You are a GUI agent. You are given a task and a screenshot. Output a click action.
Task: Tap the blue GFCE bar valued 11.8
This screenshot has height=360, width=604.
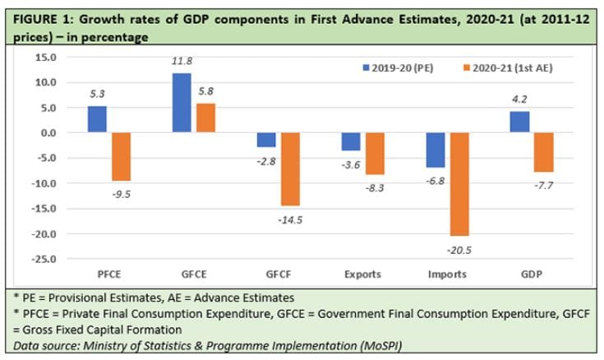[x=182, y=103]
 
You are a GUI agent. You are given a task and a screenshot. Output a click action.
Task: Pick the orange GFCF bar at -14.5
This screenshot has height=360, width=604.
[x=289, y=168]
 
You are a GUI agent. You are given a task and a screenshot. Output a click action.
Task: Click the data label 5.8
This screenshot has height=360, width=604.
[x=206, y=94]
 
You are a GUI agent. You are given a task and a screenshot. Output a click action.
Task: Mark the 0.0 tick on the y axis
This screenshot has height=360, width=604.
[x=67, y=133]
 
